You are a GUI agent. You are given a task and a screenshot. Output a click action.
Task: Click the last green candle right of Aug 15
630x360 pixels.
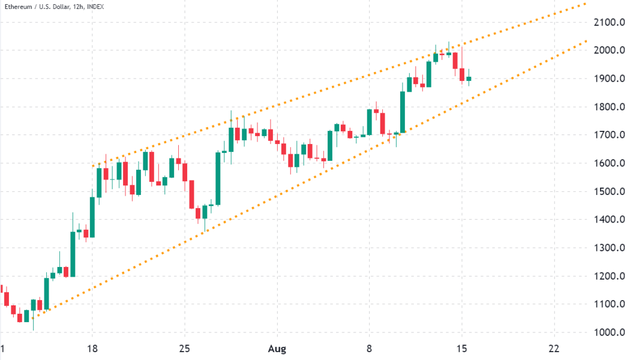[x=469, y=79]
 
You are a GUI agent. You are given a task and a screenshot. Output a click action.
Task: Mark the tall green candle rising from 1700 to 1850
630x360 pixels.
[x=402, y=112]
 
